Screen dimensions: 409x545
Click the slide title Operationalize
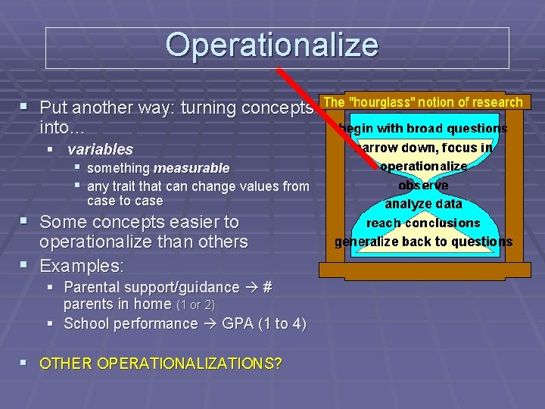[272, 45]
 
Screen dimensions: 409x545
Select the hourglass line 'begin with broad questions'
[423, 129]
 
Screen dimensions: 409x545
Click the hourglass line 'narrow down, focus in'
[423, 148]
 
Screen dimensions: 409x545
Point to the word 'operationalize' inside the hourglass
[423, 166]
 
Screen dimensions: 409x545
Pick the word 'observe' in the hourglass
[423, 185]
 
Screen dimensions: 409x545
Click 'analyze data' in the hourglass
[423, 204]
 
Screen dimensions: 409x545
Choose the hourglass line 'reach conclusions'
[423, 223]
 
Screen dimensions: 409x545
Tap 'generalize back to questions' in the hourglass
[423, 242]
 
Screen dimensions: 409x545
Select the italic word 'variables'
[100, 149]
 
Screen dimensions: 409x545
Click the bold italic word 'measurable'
[191, 168]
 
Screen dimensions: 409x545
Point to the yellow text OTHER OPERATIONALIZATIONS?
[160, 364]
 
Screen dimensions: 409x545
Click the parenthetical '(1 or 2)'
[195, 305]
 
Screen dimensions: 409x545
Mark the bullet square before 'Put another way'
[27, 106]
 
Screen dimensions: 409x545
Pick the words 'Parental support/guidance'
[151, 287]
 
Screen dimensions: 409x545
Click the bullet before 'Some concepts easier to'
[27, 222]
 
